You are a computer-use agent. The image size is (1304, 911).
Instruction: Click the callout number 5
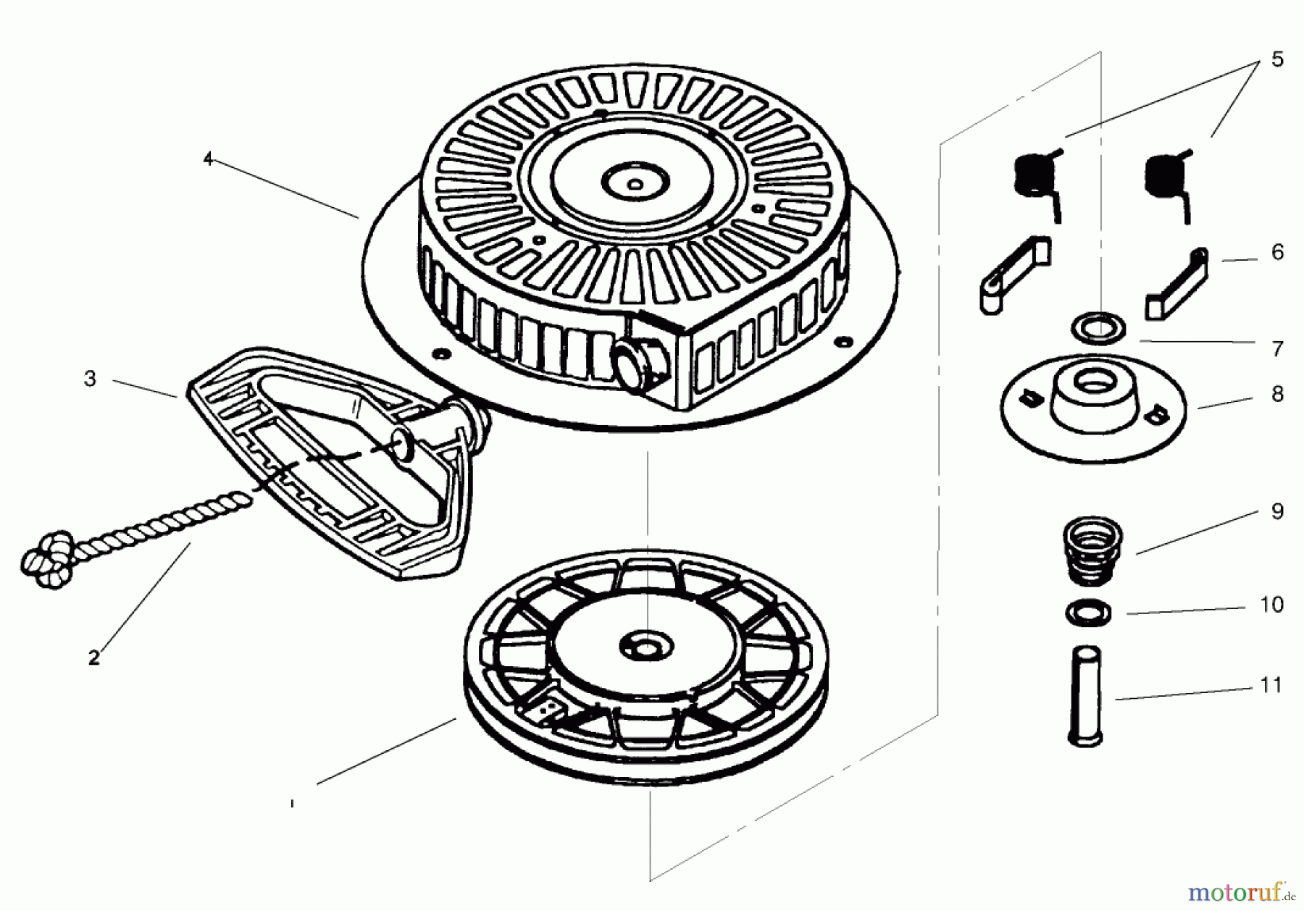pyautogui.click(x=1276, y=59)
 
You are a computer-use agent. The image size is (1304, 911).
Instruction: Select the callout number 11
pyautogui.click(x=1271, y=685)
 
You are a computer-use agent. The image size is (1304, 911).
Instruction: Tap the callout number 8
pyautogui.click(x=1276, y=395)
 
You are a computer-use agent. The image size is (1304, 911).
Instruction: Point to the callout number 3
pyautogui.click(x=90, y=379)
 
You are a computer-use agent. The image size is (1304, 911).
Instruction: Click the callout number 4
pyautogui.click(x=209, y=159)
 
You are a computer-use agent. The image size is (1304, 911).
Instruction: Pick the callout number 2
pyautogui.click(x=93, y=658)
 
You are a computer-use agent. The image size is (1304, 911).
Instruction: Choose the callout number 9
pyautogui.click(x=1276, y=511)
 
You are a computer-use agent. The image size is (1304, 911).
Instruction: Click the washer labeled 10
pyautogui.click(x=1089, y=613)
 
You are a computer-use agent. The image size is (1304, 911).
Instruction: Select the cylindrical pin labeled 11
pyautogui.click(x=1085, y=694)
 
